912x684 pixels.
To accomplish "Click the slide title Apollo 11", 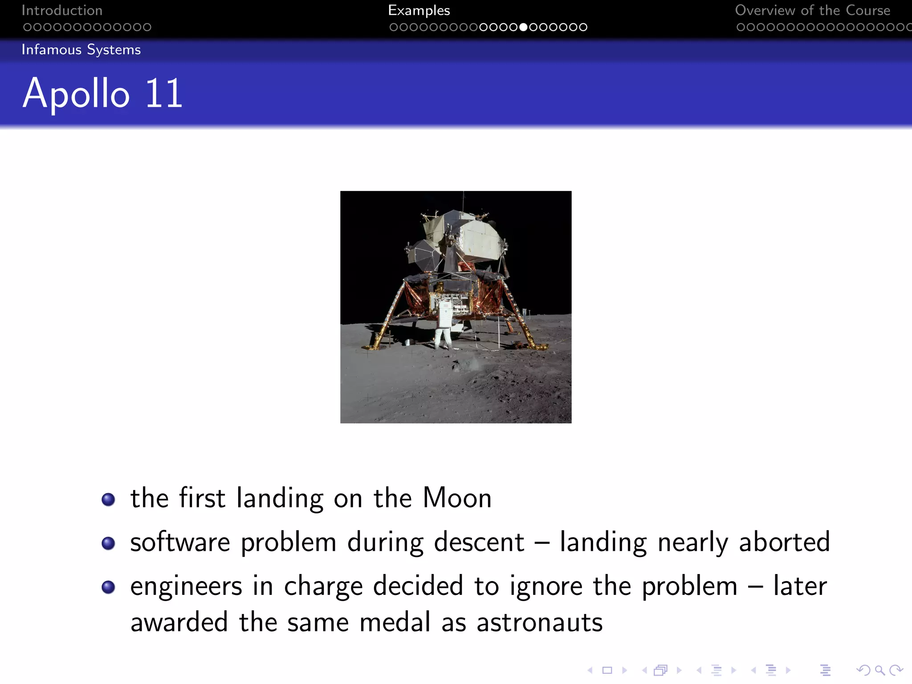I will tap(102, 94).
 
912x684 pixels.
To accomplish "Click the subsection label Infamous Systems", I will tap(81, 49).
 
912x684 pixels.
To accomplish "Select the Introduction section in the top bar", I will tap(62, 10).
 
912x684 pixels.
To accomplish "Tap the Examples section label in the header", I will tap(419, 10).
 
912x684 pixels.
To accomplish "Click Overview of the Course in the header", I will tap(812, 10).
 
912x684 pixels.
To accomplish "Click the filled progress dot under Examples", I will tap(523, 27).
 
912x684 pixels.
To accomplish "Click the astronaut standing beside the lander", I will tap(443, 327).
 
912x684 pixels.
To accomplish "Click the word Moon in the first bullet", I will tap(457, 498).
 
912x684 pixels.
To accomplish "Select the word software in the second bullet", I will tap(180, 542).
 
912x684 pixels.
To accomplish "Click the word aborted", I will tap(784, 542).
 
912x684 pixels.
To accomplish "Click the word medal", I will tap(395, 623).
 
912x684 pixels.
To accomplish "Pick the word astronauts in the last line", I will tap(539, 623).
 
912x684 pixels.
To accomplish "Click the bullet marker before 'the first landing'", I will tap(108, 499).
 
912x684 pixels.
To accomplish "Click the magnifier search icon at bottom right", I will tap(879, 670).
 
